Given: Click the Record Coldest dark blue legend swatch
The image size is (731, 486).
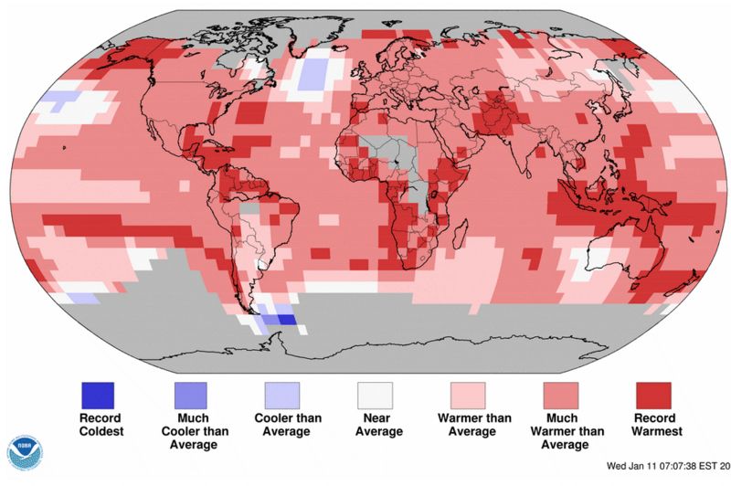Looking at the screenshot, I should [96, 395].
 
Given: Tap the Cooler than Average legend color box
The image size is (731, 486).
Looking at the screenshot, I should [282, 395].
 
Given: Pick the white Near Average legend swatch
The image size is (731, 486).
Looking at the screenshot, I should [375, 395].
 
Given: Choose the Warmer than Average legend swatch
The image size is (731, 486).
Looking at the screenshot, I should [468, 395].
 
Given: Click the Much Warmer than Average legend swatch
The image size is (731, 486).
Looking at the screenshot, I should [561, 395].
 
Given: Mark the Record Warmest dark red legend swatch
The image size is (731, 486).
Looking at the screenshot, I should [653, 395].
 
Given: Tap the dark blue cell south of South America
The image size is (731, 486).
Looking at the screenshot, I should [284, 320].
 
